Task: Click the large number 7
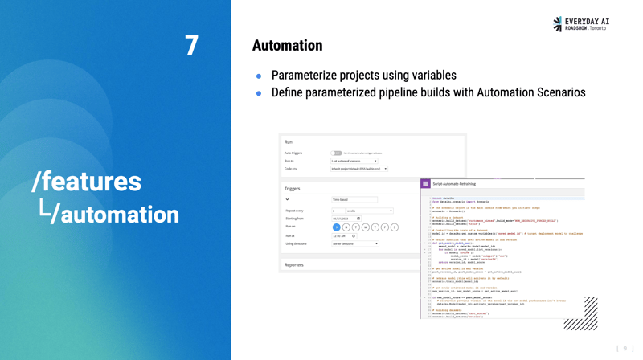tap(191, 46)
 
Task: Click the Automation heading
tap(287, 46)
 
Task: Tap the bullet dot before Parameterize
tap(259, 76)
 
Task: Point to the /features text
tap(87, 182)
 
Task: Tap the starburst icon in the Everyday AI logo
tap(558, 24)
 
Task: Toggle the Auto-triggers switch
tap(336, 153)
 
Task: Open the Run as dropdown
tap(354, 161)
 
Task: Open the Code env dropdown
tap(358, 169)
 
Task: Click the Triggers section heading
tap(292, 189)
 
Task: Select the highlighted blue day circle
tap(337, 227)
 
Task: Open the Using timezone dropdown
tap(354, 243)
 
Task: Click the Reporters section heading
tap(294, 264)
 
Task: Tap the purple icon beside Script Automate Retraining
tap(426, 184)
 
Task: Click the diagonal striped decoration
tap(581, 315)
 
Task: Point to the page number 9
tap(625, 349)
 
